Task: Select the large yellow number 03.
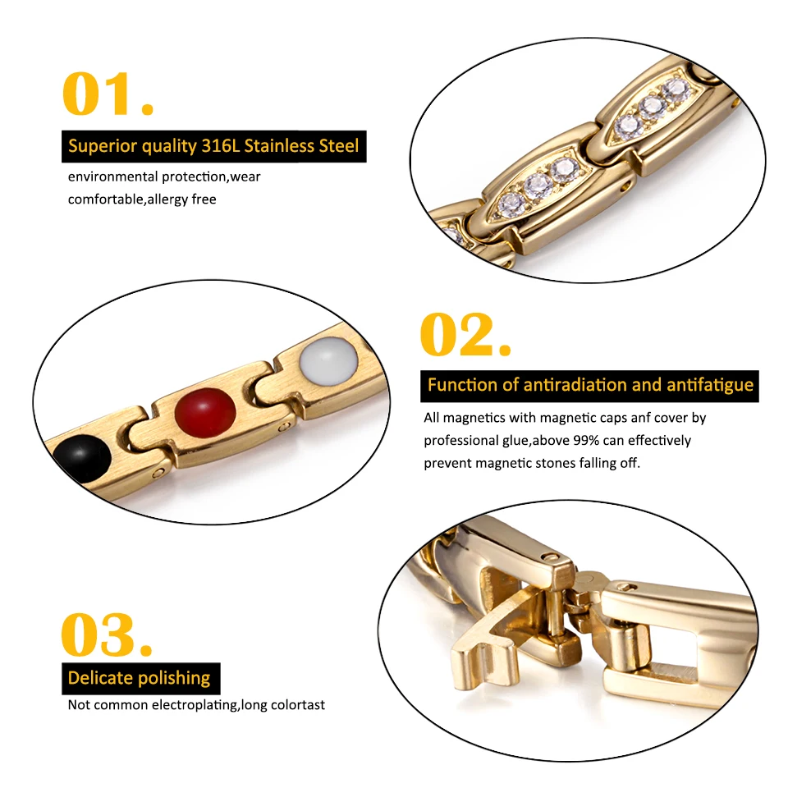(107, 634)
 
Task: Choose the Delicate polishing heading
(140, 678)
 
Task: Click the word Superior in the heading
(101, 147)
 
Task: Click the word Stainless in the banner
(281, 147)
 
